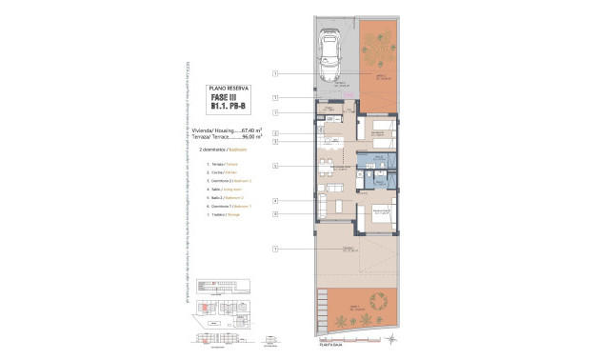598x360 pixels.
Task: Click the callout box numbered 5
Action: coord(274,166)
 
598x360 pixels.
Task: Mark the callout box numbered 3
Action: coord(274,141)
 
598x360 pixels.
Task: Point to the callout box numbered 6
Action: coord(274,214)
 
